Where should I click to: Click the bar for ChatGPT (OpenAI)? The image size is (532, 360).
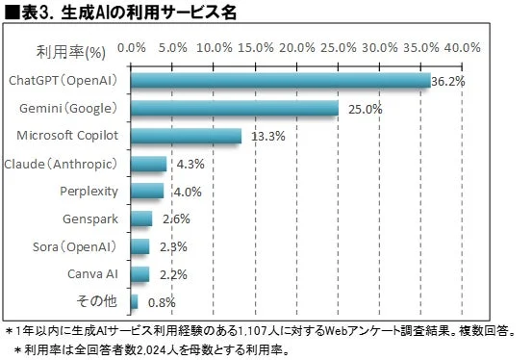279,81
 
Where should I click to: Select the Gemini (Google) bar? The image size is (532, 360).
234,109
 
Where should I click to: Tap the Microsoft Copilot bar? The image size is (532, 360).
185,136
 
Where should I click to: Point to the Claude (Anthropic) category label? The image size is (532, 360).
61,164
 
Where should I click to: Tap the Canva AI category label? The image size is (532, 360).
93,275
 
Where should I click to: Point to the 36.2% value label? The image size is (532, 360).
448,82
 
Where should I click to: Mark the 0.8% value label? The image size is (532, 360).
163,303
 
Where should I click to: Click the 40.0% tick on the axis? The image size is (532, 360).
463,46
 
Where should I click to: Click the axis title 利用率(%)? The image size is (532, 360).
70,46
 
